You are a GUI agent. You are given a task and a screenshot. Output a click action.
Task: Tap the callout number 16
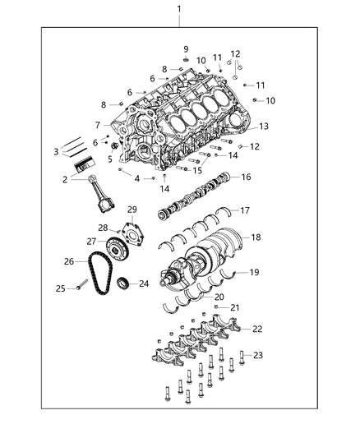[246, 177]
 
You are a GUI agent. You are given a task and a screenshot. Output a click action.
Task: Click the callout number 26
[69, 262]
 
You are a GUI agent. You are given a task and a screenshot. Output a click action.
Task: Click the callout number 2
[63, 178]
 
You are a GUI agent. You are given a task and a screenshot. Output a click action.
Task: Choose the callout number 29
[132, 210]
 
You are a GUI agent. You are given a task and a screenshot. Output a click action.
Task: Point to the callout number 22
[257, 329]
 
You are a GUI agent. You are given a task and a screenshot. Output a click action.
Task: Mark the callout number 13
[263, 127]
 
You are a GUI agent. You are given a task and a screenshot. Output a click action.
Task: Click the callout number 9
[186, 48]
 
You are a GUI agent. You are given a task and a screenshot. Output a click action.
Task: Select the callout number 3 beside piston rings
[55, 151]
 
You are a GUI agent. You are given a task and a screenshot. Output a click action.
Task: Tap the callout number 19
[254, 271]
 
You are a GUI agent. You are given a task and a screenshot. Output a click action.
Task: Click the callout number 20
[219, 297]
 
